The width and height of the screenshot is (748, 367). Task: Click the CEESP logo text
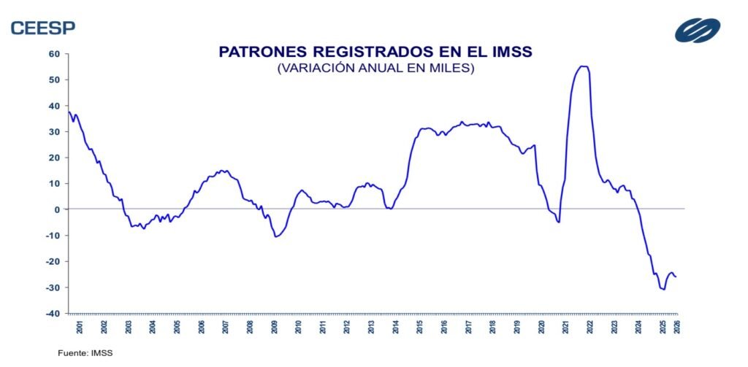[42, 28]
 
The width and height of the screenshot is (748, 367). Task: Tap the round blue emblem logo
[697, 30]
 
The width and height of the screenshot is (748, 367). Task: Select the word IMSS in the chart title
[508, 52]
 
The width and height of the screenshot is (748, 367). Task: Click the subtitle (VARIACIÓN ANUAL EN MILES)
[375, 69]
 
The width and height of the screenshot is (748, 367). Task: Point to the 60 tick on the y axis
[54, 53]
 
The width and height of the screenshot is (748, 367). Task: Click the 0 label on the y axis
[56, 209]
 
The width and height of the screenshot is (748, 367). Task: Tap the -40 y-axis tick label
[53, 314]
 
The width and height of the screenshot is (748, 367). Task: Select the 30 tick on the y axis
[54, 131]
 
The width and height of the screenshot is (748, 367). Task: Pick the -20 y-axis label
[53, 261]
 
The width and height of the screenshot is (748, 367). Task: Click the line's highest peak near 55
[583, 66]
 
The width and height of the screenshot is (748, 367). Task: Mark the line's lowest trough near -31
[663, 290]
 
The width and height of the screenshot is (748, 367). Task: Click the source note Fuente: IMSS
[85, 352]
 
